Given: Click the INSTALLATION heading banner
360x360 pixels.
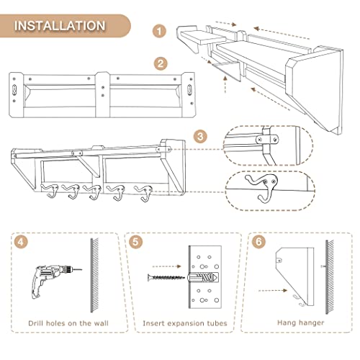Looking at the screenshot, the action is pos(65,26).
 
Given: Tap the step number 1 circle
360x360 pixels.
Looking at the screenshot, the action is pos(159,31).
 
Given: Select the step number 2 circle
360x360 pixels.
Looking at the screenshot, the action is pos(161,63).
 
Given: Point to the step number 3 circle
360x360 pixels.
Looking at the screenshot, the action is pos(200,137).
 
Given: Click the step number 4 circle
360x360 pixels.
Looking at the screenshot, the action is pos(21,242).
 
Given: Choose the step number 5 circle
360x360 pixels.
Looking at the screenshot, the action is pos(135,242).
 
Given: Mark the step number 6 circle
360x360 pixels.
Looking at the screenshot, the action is pos(258,242).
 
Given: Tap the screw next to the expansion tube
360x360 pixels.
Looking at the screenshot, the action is pos(166,278).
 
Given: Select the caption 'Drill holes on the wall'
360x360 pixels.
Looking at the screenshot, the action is pos(68,323).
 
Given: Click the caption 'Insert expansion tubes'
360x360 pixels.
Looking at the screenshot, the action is pos(185,323).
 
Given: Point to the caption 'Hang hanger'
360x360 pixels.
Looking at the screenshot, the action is pos(301,323).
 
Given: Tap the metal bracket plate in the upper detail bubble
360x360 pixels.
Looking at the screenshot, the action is pos(267,139).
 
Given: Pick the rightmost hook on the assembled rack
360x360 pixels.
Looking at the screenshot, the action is pos(145,193).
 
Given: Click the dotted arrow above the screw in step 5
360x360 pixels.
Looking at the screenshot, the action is pos(167,266).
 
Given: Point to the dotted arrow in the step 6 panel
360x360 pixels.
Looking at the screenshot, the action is pos(273,290).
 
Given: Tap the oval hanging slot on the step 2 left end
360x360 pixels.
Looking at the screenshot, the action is pos(14,89).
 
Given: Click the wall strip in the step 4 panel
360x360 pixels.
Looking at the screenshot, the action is pos(94,275).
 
